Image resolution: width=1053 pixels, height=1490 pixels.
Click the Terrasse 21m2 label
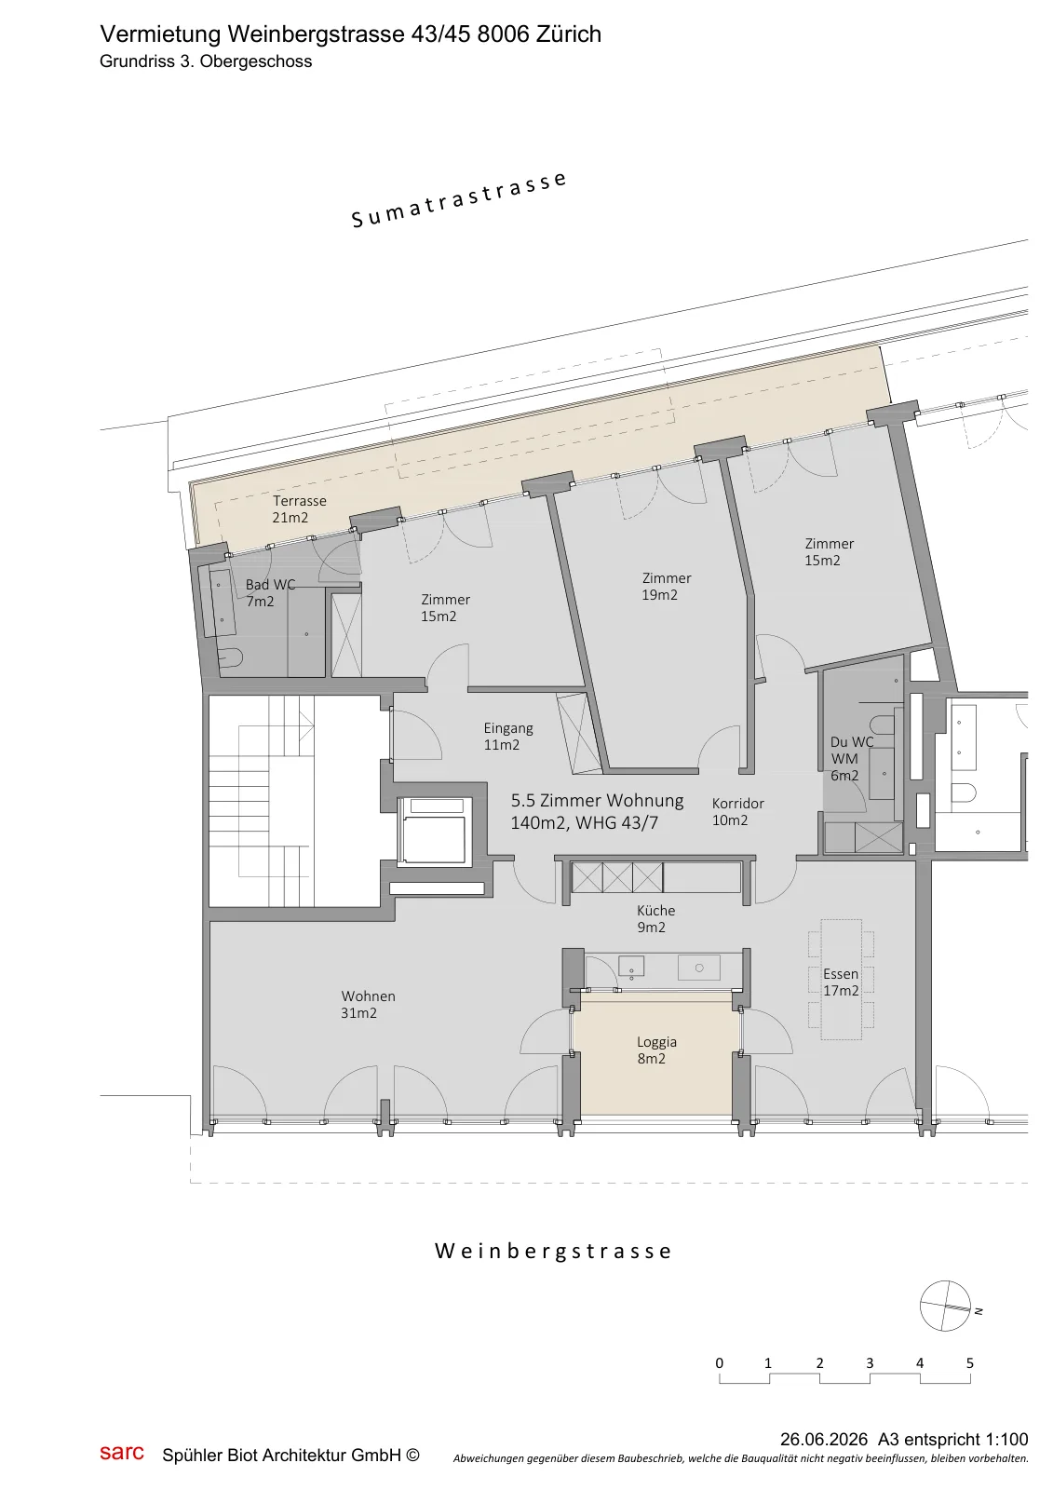299,508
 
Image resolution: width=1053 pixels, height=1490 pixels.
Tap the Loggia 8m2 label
655,1050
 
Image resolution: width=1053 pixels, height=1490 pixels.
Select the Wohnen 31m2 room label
368,1005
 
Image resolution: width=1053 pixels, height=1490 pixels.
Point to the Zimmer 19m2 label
666,586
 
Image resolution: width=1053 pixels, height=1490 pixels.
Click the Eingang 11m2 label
508,737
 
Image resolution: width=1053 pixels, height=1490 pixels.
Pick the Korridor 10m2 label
737,811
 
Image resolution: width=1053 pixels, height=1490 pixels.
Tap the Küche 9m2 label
655,918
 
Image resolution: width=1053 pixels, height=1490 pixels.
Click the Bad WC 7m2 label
270,592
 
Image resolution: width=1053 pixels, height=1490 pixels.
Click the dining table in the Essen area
841,979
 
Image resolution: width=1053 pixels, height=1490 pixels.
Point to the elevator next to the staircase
435,833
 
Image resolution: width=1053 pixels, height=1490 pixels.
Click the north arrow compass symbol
945,1306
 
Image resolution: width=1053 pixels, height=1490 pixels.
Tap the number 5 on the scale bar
970,1363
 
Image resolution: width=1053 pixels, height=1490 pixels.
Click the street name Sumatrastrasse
459,199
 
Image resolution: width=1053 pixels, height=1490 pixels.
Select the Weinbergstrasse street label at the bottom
553,1252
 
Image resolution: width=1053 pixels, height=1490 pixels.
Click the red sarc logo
122,1452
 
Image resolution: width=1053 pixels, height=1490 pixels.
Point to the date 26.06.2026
824,1440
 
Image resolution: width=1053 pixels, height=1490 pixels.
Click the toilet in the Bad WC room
230,657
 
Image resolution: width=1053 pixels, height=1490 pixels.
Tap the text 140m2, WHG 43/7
584,823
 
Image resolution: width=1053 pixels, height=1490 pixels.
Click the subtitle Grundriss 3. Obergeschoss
206,61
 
